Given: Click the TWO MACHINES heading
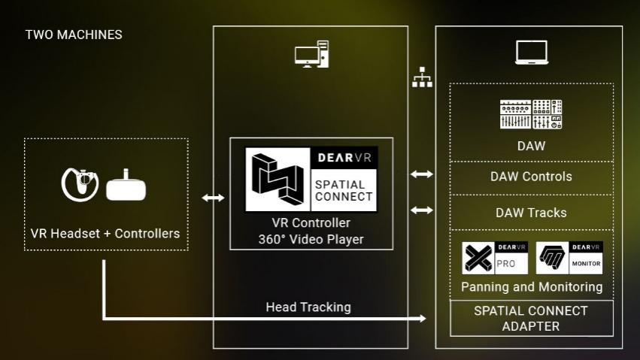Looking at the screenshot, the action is click(x=74, y=35).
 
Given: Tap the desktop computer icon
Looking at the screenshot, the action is click(x=312, y=54).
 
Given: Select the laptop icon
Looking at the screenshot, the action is click(x=532, y=52).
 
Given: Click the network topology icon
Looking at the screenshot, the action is click(x=422, y=77).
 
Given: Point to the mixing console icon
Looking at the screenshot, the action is click(x=531, y=114).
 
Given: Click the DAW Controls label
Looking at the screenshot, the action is click(x=531, y=177).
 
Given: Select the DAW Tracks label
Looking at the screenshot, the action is click(x=531, y=213).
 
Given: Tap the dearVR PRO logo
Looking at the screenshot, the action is click(x=495, y=258).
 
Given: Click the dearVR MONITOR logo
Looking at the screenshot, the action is click(x=569, y=258).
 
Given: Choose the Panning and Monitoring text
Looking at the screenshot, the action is click(x=532, y=287).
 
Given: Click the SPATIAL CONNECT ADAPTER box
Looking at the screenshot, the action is click(x=532, y=319).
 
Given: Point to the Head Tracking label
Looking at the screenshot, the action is click(x=308, y=307).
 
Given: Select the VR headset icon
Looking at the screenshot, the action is click(x=126, y=186).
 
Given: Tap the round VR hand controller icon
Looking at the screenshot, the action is click(x=80, y=184).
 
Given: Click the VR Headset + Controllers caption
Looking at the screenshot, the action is click(x=105, y=234).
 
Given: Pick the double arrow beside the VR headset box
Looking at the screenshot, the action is click(x=213, y=198).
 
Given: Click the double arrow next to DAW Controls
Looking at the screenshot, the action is click(x=422, y=174).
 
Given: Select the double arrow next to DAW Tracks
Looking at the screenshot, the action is click(x=422, y=210).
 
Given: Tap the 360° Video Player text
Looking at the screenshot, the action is click(x=311, y=239).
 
